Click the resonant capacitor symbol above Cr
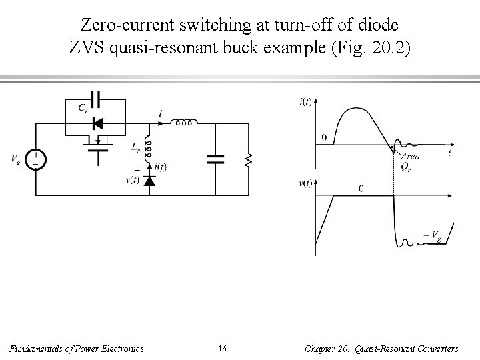click(x=96, y=99)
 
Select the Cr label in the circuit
click(x=82, y=107)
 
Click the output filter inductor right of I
click(x=184, y=123)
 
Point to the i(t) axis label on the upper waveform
click(x=306, y=101)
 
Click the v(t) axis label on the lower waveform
click(x=306, y=184)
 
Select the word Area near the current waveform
click(x=410, y=156)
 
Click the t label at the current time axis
click(x=449, y=153)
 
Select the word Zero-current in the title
click(x=123, y=26)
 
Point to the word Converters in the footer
click(x=435, y=348)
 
